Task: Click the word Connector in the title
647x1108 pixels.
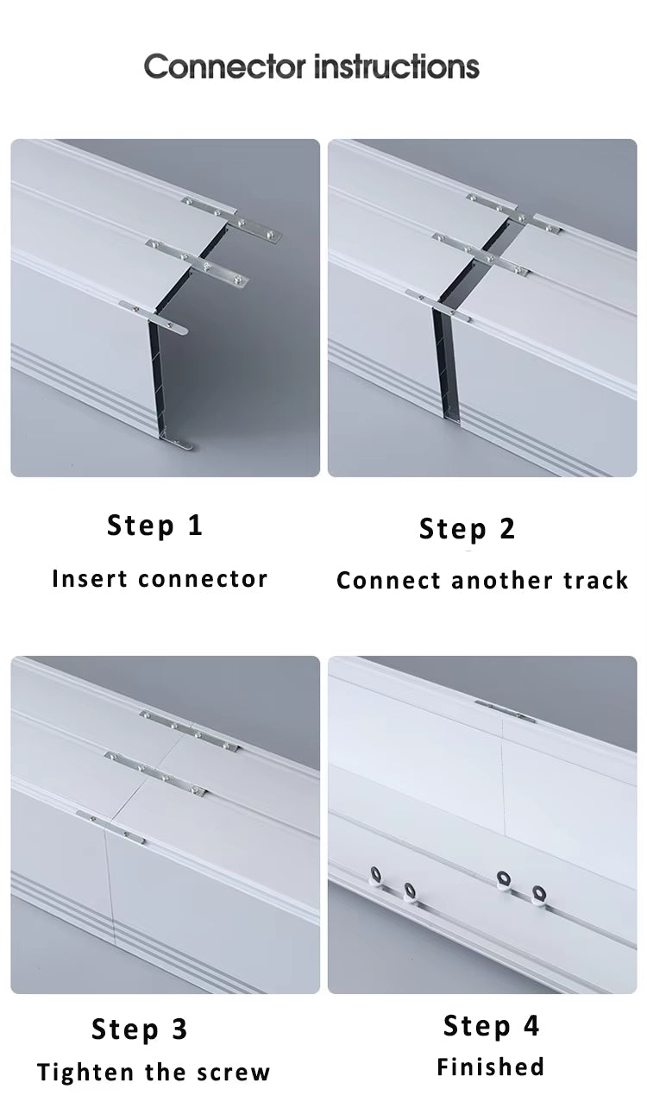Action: (x=224, y=66)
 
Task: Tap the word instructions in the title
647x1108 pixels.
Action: (x=396, y=66)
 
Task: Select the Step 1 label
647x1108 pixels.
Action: (x=155, y=525)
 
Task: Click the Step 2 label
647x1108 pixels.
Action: (x=468, y=528)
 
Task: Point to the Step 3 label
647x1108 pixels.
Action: (x=140, y=1029)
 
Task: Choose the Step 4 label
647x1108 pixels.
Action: (x=492, y=1025)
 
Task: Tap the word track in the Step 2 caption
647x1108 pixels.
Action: (x=596, y=580)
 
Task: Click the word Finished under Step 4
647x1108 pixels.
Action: (x=491, y=1067)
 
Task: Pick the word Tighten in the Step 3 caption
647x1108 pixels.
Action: (x=87, y=1073)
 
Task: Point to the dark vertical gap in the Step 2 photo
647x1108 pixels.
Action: (x=445, y=362)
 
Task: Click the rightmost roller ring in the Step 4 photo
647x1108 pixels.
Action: (x=540, y=892)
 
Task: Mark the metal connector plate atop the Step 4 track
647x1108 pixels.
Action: (x=504, y=711)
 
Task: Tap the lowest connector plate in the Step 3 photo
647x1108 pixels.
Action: (x=110, y=827)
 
